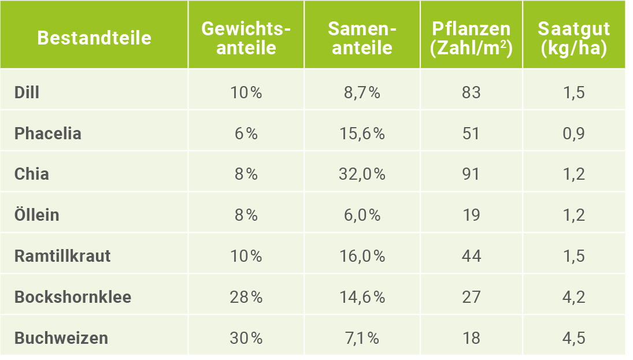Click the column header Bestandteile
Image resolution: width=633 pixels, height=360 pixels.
(94, 38)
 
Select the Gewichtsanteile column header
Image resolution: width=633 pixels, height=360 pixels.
(246, 38)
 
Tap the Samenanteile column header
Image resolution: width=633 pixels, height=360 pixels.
(362, 38)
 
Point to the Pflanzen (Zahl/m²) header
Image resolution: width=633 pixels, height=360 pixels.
(471, 38)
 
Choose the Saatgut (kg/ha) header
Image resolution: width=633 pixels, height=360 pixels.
(573, 38)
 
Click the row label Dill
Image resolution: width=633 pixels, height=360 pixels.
(27, 92)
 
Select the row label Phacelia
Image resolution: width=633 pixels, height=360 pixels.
(48, 133)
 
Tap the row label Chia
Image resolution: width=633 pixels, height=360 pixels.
(32, 174)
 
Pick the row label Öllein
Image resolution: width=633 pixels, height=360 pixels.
(37, 215)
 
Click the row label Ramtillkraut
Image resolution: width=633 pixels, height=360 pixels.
(62, 256)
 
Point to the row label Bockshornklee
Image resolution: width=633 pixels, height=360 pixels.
(73, 297)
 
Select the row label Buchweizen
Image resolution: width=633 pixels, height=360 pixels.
(61, 338)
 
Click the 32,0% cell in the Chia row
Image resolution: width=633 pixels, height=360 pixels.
(361, 174)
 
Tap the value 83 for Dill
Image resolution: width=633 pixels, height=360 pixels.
(471, 92)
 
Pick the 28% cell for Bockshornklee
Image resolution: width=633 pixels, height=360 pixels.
(246, 297)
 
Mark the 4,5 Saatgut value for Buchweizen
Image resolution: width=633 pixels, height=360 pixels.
(573, 338)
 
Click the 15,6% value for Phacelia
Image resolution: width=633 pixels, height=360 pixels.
(361, 133)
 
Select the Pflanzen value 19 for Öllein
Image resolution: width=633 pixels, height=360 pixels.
(471, 215)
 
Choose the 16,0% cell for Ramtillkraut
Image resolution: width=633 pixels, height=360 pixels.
(361, 256)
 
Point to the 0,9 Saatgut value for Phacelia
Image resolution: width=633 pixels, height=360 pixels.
(573, 133)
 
